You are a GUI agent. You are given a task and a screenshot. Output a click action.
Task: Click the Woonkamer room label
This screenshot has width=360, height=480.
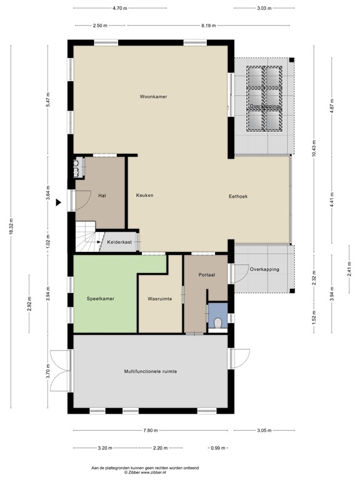(x=153, y=97)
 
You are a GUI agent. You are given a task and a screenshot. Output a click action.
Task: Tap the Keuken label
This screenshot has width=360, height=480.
(x=144, y=196)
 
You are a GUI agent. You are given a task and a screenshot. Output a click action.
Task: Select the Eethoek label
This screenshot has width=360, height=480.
(x=237, y=196)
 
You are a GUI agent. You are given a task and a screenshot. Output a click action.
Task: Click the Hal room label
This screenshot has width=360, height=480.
(x=102, y=196)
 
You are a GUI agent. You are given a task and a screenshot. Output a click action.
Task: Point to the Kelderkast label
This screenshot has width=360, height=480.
(x=119, y=242)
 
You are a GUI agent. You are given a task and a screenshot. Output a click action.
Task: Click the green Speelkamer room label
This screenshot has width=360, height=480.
(x=100, y=299)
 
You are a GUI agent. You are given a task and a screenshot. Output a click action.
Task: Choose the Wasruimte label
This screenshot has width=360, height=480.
(x=159, y=299)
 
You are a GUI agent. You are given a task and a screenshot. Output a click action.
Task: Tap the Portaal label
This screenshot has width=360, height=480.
(x=207, y=275)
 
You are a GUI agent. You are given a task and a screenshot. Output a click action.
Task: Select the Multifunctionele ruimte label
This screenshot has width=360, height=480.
(x=150, y=371)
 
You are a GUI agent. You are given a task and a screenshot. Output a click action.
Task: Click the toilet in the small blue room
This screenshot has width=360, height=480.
(x=217, y=324)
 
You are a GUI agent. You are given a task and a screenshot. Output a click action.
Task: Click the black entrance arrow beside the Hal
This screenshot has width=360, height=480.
(x=59, y=202)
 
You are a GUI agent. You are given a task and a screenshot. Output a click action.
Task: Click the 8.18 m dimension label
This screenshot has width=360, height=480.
(x=209, y=26)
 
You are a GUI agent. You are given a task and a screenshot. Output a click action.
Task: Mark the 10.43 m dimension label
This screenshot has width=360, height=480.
(x=314, y=148)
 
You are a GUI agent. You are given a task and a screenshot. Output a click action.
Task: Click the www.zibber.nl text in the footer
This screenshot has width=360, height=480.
(x=153, y=473)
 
